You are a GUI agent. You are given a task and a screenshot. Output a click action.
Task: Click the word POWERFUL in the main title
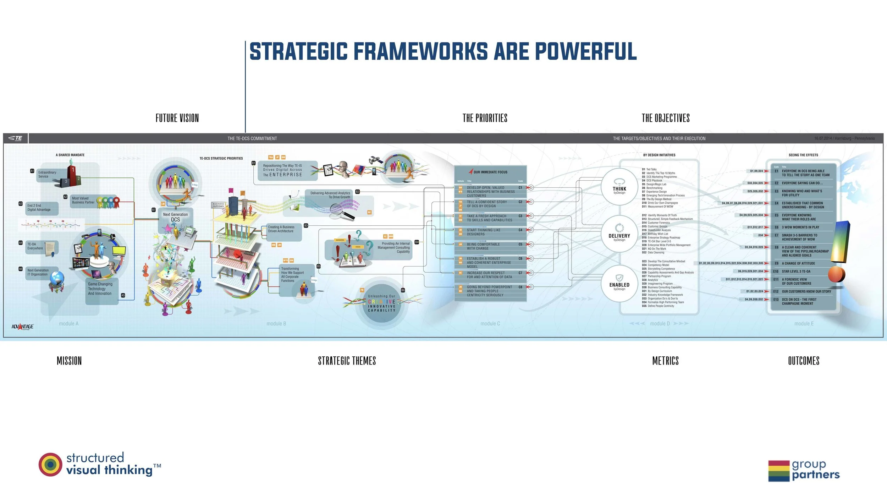tap(585, 51)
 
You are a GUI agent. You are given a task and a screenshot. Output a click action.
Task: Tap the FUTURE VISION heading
tap(177, 118)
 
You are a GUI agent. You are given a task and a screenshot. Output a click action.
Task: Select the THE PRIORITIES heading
tap(485, 118)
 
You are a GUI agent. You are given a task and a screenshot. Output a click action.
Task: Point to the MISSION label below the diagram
tap(69, 361)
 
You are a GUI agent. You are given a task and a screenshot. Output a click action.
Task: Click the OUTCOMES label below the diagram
tap(804, 361)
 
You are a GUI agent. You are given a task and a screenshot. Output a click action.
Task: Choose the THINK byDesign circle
tap(619, 187)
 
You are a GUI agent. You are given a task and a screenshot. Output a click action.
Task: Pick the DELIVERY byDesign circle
tap(619, 234)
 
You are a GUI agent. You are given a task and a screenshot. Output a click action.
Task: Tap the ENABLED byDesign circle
tap(619, 283)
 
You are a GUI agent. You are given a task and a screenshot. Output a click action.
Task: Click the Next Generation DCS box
tap(175, 217)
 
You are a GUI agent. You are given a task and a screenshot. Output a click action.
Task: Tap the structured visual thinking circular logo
tap(50, 464)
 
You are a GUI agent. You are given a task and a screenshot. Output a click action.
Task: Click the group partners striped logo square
tap(779, 471)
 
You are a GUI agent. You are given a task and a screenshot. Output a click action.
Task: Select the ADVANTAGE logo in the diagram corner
tap(22, 327)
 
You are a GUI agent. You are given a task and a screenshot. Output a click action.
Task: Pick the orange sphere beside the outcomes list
tap(836, 274)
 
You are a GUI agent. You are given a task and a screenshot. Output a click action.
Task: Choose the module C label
tap(490, 324)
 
